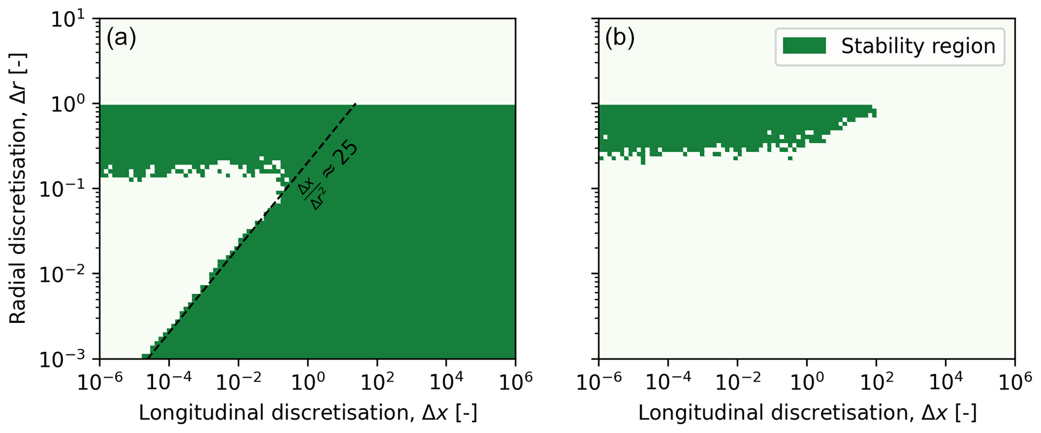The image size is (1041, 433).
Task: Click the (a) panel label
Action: [121, 38]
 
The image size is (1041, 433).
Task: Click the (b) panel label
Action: [619, 38]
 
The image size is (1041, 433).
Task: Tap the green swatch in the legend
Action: [804, 46]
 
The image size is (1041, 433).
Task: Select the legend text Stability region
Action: [918, 46]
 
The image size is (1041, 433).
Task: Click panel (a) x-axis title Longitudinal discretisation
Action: [308, 413]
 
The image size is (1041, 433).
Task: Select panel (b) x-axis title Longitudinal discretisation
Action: [807, 413]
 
